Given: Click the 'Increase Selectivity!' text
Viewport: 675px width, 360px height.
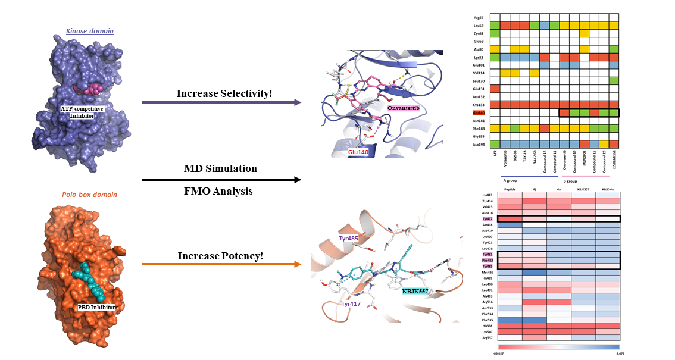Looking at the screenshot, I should pos(220,93).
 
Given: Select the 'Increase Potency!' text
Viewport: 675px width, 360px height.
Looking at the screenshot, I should pos(220,256).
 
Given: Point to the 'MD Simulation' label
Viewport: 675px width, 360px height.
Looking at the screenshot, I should pos(220,168).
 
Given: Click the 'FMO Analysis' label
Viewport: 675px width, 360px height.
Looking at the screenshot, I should pos(220,191).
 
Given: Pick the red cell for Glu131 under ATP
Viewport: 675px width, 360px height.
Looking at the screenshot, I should pos(495,89).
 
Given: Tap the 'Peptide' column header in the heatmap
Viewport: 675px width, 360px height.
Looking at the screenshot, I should pos(510,190).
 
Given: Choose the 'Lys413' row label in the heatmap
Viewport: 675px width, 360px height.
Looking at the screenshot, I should pos(486,195).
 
